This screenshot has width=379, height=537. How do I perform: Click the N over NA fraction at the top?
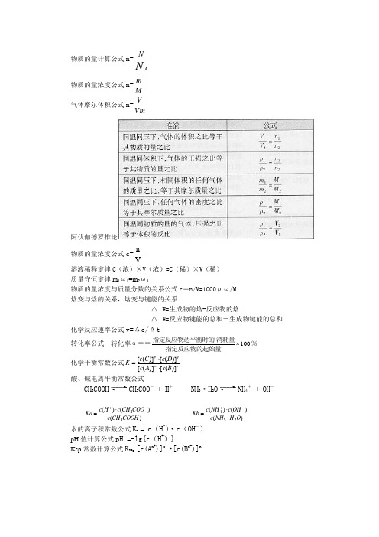[x=139, y=58]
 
